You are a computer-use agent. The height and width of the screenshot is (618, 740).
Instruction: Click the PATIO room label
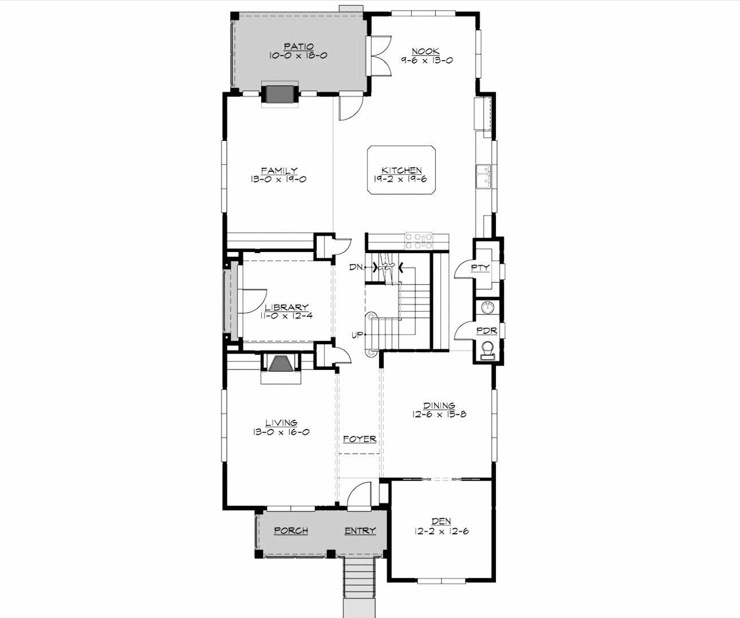(298, 46)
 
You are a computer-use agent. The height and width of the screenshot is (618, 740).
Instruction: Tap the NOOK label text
(426, 51)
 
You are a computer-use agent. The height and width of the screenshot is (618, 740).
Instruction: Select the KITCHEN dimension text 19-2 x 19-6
(402, 179)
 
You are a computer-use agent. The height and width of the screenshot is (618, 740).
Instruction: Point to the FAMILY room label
(279, 170)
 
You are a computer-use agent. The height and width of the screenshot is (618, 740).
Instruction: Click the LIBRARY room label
(286, 308)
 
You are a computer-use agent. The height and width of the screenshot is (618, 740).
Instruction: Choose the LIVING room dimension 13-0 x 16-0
(281, 432)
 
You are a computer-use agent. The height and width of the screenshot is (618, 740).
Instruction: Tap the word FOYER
(360, 439)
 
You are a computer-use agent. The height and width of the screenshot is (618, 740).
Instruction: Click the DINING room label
(439, 406)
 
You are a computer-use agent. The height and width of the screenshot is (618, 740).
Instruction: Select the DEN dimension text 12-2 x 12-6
(441, 531)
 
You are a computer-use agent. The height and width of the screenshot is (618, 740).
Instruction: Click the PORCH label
(291, 530)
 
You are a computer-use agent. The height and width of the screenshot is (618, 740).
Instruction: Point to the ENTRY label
(360, 530)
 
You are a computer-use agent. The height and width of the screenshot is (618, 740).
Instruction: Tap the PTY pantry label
(480, 267)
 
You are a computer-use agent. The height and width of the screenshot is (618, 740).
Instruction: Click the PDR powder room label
(487, 331)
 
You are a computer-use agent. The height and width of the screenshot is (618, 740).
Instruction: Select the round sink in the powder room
(487, 308)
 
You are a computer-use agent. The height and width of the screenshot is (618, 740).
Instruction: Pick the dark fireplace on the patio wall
(280, 94)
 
